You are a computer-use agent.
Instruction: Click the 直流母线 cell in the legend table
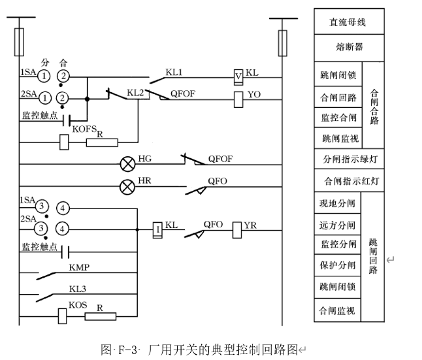click(348, 22)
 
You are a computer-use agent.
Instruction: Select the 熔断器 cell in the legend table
click(348, 48)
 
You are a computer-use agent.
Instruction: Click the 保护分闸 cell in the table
click(338, 265)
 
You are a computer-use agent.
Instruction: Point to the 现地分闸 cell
click(338, 203)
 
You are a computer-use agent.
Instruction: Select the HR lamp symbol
click(127, 186)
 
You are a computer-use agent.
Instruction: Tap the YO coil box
click(239, 98)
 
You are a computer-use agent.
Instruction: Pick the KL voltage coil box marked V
click(239, 77)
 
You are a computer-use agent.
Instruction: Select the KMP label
click(79, 267)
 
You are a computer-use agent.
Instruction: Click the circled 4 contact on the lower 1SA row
click(62, 208)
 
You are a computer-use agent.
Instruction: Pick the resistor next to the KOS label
click(101, 317)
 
